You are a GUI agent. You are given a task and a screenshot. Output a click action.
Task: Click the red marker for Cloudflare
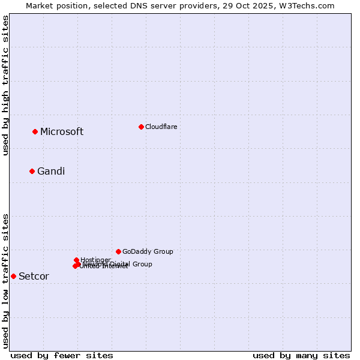click(141, 127)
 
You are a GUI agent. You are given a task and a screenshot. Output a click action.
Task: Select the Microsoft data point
click(35, 131)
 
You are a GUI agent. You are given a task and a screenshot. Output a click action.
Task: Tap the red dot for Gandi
click(32, 171)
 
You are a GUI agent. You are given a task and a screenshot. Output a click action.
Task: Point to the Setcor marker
click(13, 276)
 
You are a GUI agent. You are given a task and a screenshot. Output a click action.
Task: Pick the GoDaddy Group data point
click(118, 251)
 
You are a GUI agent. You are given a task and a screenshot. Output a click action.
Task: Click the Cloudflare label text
click(161, 127)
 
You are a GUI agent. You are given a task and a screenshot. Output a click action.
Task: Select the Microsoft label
click(62, 132)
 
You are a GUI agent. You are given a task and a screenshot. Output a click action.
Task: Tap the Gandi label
click(51, 172)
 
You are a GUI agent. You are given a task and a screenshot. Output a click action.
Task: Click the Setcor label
click(34, 277)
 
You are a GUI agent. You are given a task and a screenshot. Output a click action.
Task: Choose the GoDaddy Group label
click(148, 251)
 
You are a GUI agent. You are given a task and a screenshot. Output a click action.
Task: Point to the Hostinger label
click(95, 260)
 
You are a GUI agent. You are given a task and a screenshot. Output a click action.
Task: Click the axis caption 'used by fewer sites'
click(62, 355)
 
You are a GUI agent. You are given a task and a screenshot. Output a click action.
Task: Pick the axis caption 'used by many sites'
click(301, 355)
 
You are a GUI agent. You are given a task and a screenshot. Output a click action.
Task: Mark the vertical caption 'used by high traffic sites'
click(5, 85)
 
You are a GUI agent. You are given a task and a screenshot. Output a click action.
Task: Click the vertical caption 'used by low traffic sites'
click(5, 280)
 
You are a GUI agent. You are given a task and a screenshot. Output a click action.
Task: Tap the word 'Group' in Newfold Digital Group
click(142, 264)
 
